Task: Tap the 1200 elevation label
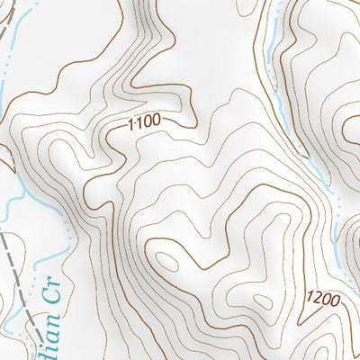pos(323,299)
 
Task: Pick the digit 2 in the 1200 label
pos(318,298)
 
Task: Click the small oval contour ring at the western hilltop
pos(167,261)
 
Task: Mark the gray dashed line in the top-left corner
pos(10,27)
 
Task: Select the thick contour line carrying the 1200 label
pos(297,310)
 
